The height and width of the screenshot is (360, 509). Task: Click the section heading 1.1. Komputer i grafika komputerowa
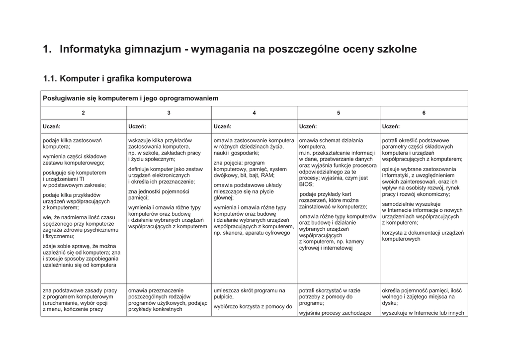pyautogui.click(x=117, y=79)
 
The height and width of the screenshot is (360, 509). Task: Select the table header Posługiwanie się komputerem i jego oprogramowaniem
pyautogui.click(x=131, y=98)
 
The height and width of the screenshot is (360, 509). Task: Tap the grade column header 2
pyautogui.click(x=83, y=113)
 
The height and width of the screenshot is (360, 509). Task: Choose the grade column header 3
pyautogui.click(x=169, y=113)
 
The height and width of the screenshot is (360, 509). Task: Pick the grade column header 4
pyautogui.click(x=254, y=113)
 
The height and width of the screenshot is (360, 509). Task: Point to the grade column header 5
pyautogui.click(x=339, y=113)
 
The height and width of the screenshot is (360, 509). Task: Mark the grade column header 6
pyautogui.click(x=424, y=113)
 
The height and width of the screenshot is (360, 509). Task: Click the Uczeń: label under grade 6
pyautogui.click(x=391, y=126)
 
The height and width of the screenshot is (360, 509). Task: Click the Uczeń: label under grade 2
pyautogui.click(x=52, y=126)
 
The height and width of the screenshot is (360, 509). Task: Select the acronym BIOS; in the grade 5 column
pyautogui.click(x=307, y=184)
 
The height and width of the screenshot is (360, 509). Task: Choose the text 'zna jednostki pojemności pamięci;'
pyautogui.click(x=158, y=194)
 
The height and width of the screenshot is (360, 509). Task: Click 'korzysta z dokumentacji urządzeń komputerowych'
pyautogui.click(x=423, y=236)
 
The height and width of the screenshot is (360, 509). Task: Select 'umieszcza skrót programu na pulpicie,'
pyautogui.click(x=250, y=294)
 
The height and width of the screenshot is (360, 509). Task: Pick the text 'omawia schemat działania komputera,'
pyautogui.click(x=331, y=144)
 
